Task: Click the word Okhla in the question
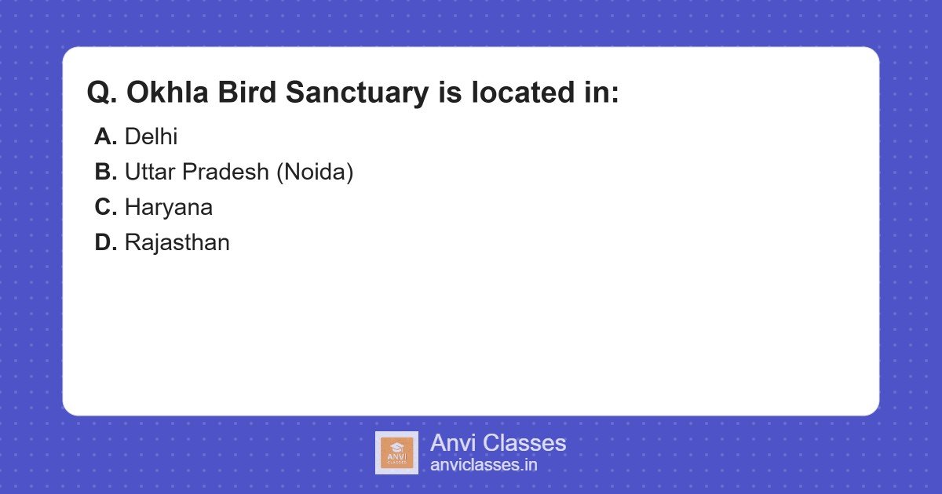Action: pyautogui.click(x=162, y=93)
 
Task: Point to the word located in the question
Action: pyautogui.click(x=525, y=93)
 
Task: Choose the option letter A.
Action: pyautogui.click(x=105, y=137)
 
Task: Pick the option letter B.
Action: pyautogui.click(x=105, y=173)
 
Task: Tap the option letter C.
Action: pyautogui.click(x=105, y=208)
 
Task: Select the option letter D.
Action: pyautogui.click(x=105, y=243)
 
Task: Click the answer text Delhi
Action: pyautogui.click(x=151, y=137)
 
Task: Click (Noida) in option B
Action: pyautogui.click(x=315, y=173)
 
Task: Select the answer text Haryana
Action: pyautogui.click(x=168, y=208)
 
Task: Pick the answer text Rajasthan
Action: pyautogui.click(x=177, y=243)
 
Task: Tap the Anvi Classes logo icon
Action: pyautogui.click(x=396, y=452)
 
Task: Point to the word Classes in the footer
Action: pyautogui.click(x=524, y=443)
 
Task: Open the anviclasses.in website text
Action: pyautogui.click(x=484, y=465)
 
